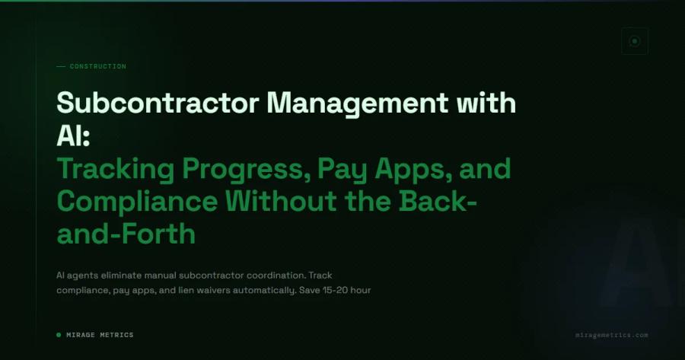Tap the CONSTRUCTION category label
97,66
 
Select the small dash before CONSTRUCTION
61,66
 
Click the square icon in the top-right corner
634,41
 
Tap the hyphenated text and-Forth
126,234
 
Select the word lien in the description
195,291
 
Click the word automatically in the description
269,291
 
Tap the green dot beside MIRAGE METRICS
59,335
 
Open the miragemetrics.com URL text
612,335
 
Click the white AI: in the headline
74,135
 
